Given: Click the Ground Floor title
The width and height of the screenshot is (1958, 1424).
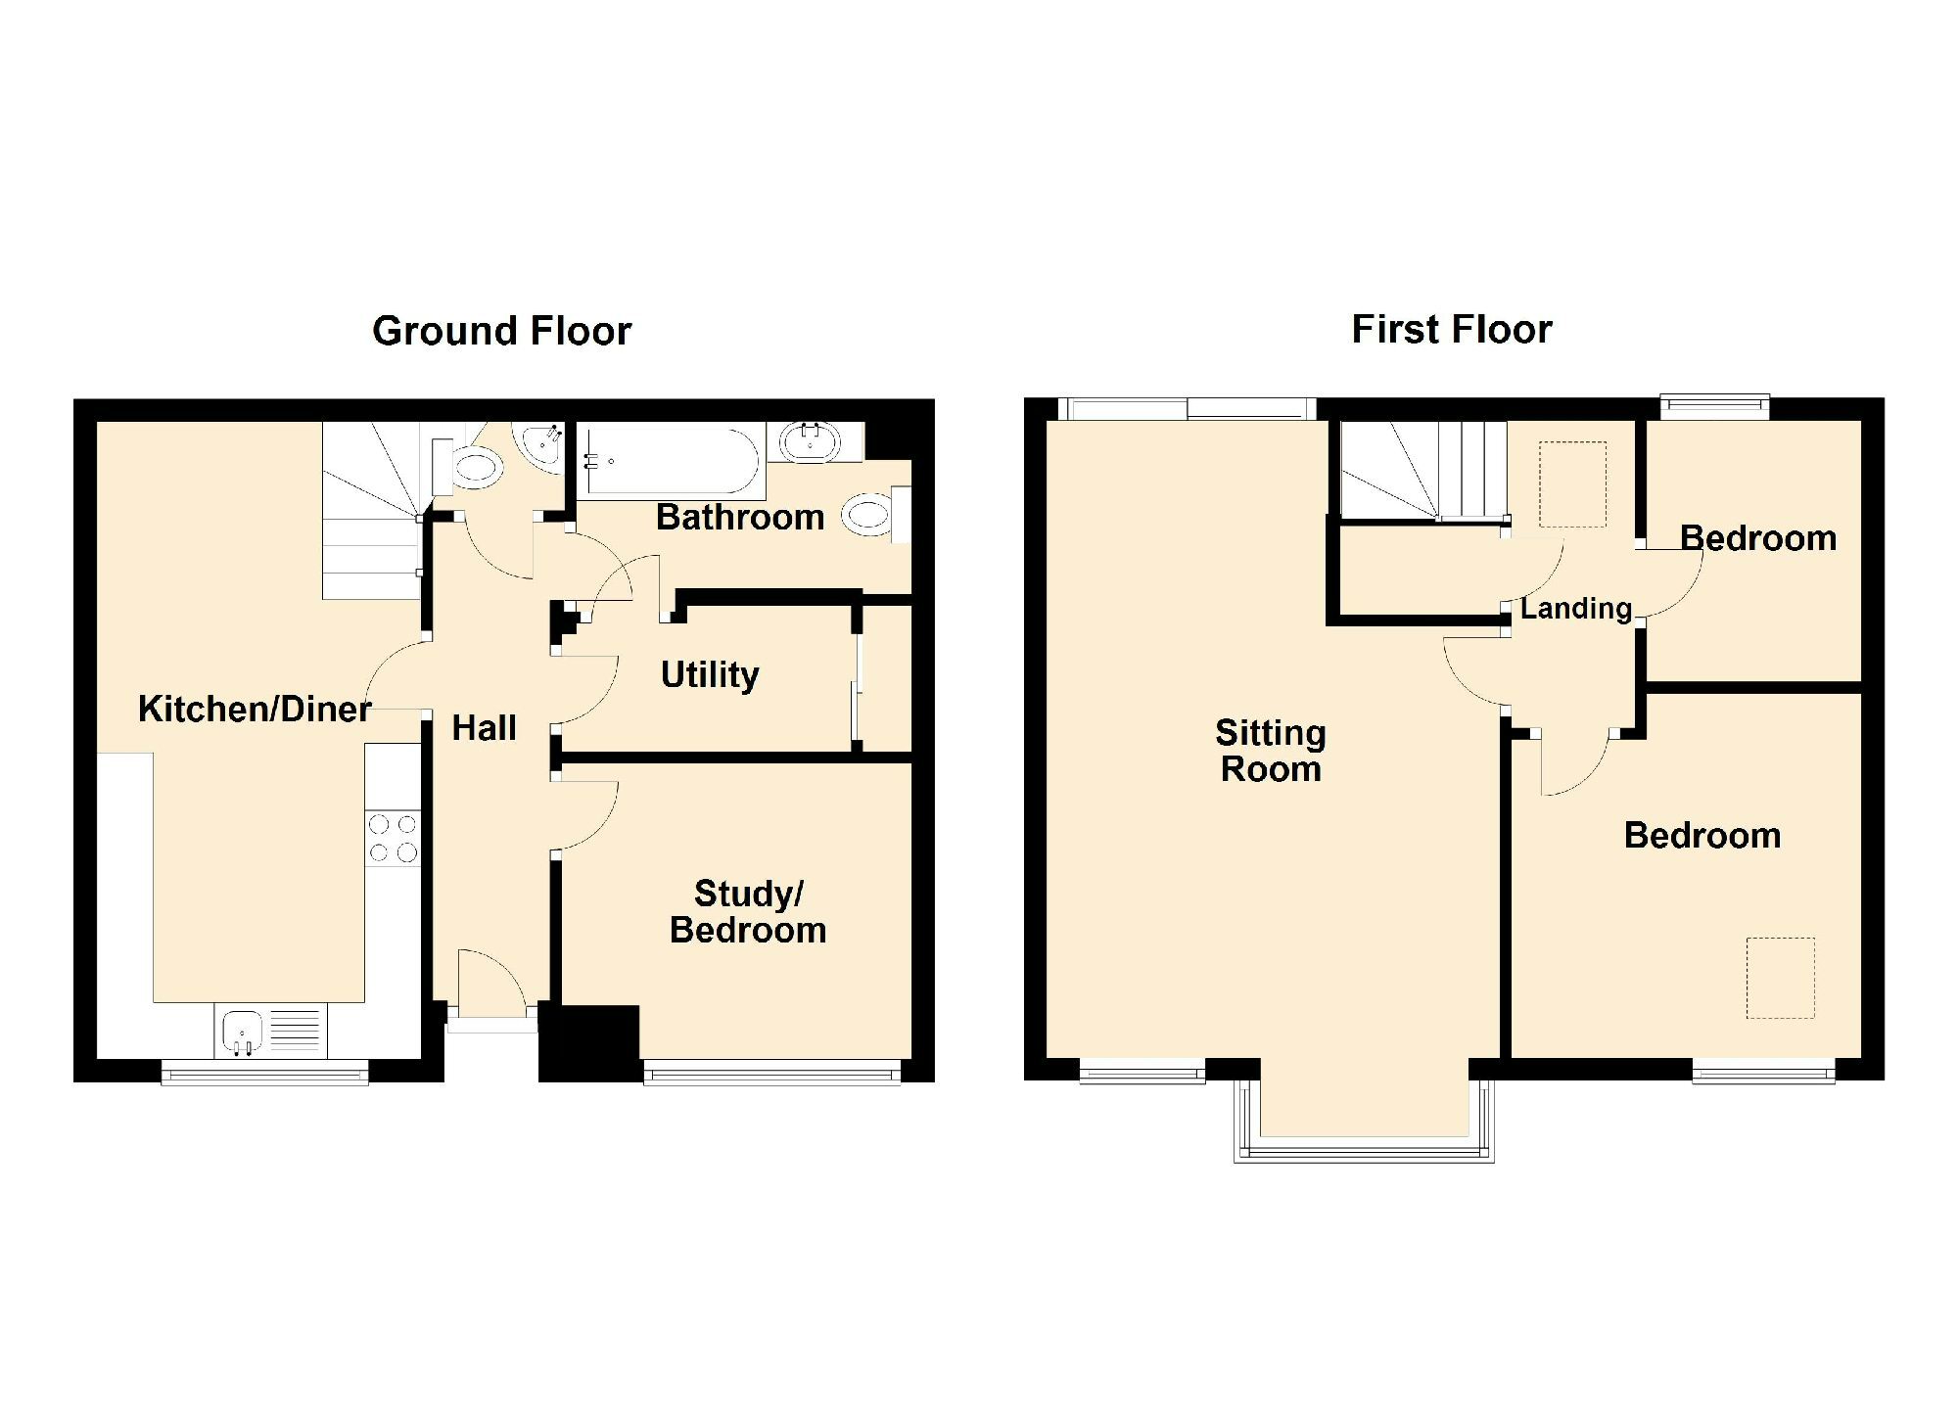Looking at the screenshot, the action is tap(501, 332).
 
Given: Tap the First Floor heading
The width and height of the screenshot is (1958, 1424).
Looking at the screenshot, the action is tap(1451, 330).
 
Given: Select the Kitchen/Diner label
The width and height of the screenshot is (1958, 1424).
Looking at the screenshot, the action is tap(255, 709).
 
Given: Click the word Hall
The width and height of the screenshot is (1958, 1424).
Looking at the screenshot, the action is tap(484, 727).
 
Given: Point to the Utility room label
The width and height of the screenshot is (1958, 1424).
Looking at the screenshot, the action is tap(710, 674).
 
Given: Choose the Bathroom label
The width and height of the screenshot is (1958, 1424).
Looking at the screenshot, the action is tap(740, 517).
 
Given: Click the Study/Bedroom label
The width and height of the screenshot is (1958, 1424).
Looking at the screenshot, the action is tap(748, 911).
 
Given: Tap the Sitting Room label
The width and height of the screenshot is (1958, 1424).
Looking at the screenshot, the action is tap(1271, 751).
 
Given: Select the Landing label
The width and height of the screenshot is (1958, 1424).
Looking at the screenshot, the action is tap(1575, 609).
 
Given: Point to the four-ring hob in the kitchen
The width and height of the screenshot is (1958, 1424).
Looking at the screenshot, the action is tap(393, 839).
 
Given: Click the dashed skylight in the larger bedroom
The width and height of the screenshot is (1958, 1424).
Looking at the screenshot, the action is tap(1781, 978).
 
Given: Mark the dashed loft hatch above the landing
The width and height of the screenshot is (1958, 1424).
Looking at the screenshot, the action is tap(1572, 485).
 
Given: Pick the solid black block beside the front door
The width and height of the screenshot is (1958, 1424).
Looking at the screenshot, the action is tap(589, 1043).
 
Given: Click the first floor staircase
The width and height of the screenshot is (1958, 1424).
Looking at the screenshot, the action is tap(1422, 470).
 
